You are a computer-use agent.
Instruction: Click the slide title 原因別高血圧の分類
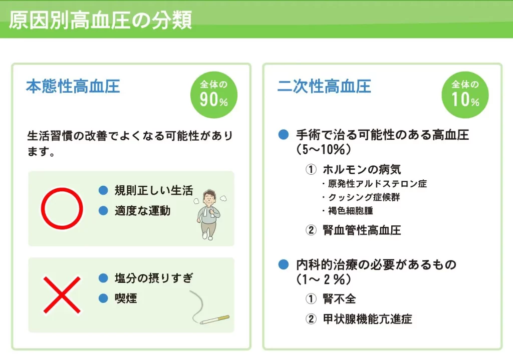(x=100, y=20)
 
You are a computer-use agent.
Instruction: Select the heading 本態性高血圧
(x=73, y=87)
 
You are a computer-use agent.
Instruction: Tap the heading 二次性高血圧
(x=324, y=87)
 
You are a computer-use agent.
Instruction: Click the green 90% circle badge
(x=214, y=95)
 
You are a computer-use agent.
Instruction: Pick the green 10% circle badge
(x=465, y=95)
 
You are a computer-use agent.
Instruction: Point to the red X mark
(x=62, y=295)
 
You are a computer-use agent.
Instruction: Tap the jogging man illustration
(x=210, y=214)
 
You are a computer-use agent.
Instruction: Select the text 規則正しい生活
(x=154, y=190)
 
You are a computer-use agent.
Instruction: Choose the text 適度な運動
(x=143, y=211)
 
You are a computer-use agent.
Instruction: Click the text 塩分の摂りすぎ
(x=154, y=278)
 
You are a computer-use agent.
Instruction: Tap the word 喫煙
(x=126, y=298)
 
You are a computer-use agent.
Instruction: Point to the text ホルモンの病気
(x=362, y=169)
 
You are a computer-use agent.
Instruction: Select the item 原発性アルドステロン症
(x=377, y=184)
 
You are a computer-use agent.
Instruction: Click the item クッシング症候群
(x=364, y=197)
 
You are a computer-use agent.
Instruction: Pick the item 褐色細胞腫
(x=350, y=211)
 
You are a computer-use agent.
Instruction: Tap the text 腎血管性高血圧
(x=362, y=230)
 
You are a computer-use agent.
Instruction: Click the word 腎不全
(x=339, y=299)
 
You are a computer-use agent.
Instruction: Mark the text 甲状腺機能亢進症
(x=367, y=319)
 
